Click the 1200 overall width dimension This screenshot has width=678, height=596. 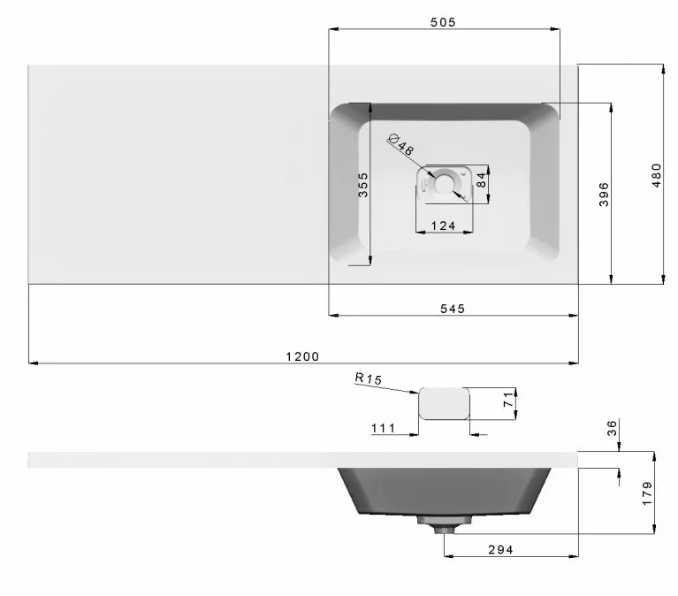click(302, 357)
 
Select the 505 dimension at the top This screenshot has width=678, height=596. click(443, 22)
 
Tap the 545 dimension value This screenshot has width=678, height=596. click(453, 309)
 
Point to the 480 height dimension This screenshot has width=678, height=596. click(657, 175)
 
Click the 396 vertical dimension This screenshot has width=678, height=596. click(604, 195)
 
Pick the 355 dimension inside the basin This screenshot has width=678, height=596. click(363, 185)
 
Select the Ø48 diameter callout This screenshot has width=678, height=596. click(401, 144)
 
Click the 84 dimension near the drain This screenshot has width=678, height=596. click(481, 180)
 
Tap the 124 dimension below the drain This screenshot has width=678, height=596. click(443, 225)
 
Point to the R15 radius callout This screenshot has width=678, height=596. click(369, 378)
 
